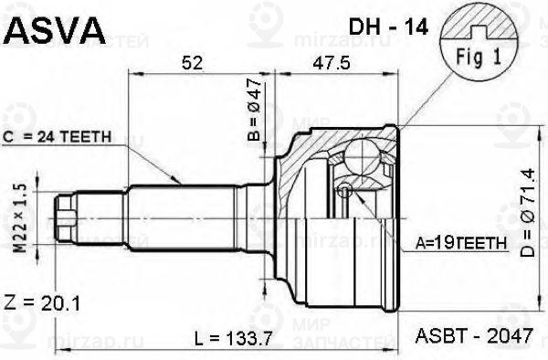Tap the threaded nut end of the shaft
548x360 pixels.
click(x=66, y=219)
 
